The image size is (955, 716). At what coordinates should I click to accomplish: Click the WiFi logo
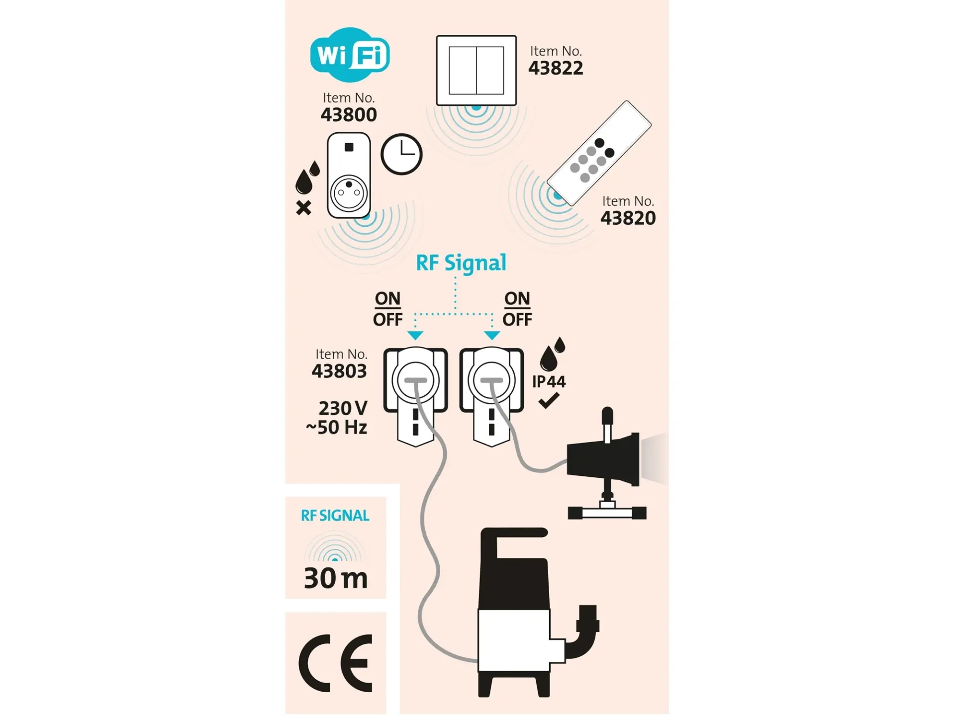[350, 55]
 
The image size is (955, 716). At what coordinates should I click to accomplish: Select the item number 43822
[556, 68]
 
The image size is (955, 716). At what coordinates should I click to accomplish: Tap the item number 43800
[349, 115]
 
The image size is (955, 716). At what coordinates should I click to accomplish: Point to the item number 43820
[628, 218]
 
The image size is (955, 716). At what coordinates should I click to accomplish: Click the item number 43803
[339, 371]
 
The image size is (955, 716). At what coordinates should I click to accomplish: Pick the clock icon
[401, 154]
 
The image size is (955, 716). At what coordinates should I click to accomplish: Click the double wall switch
[477, 70]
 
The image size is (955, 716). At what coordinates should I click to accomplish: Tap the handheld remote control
[599, 153]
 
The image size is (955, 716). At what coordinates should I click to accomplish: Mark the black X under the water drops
[303, 208]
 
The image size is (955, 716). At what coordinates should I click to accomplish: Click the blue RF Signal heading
[461, 263]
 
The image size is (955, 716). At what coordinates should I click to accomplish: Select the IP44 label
[549, 382]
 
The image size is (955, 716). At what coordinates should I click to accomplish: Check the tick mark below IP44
[549, 400]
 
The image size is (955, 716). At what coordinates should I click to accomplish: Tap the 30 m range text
[336, 578]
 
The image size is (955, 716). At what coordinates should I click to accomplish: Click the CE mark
[335, 663]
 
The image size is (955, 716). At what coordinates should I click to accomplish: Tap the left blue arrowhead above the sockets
[415, 336]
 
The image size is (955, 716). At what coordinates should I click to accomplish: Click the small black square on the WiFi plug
[349, 147]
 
